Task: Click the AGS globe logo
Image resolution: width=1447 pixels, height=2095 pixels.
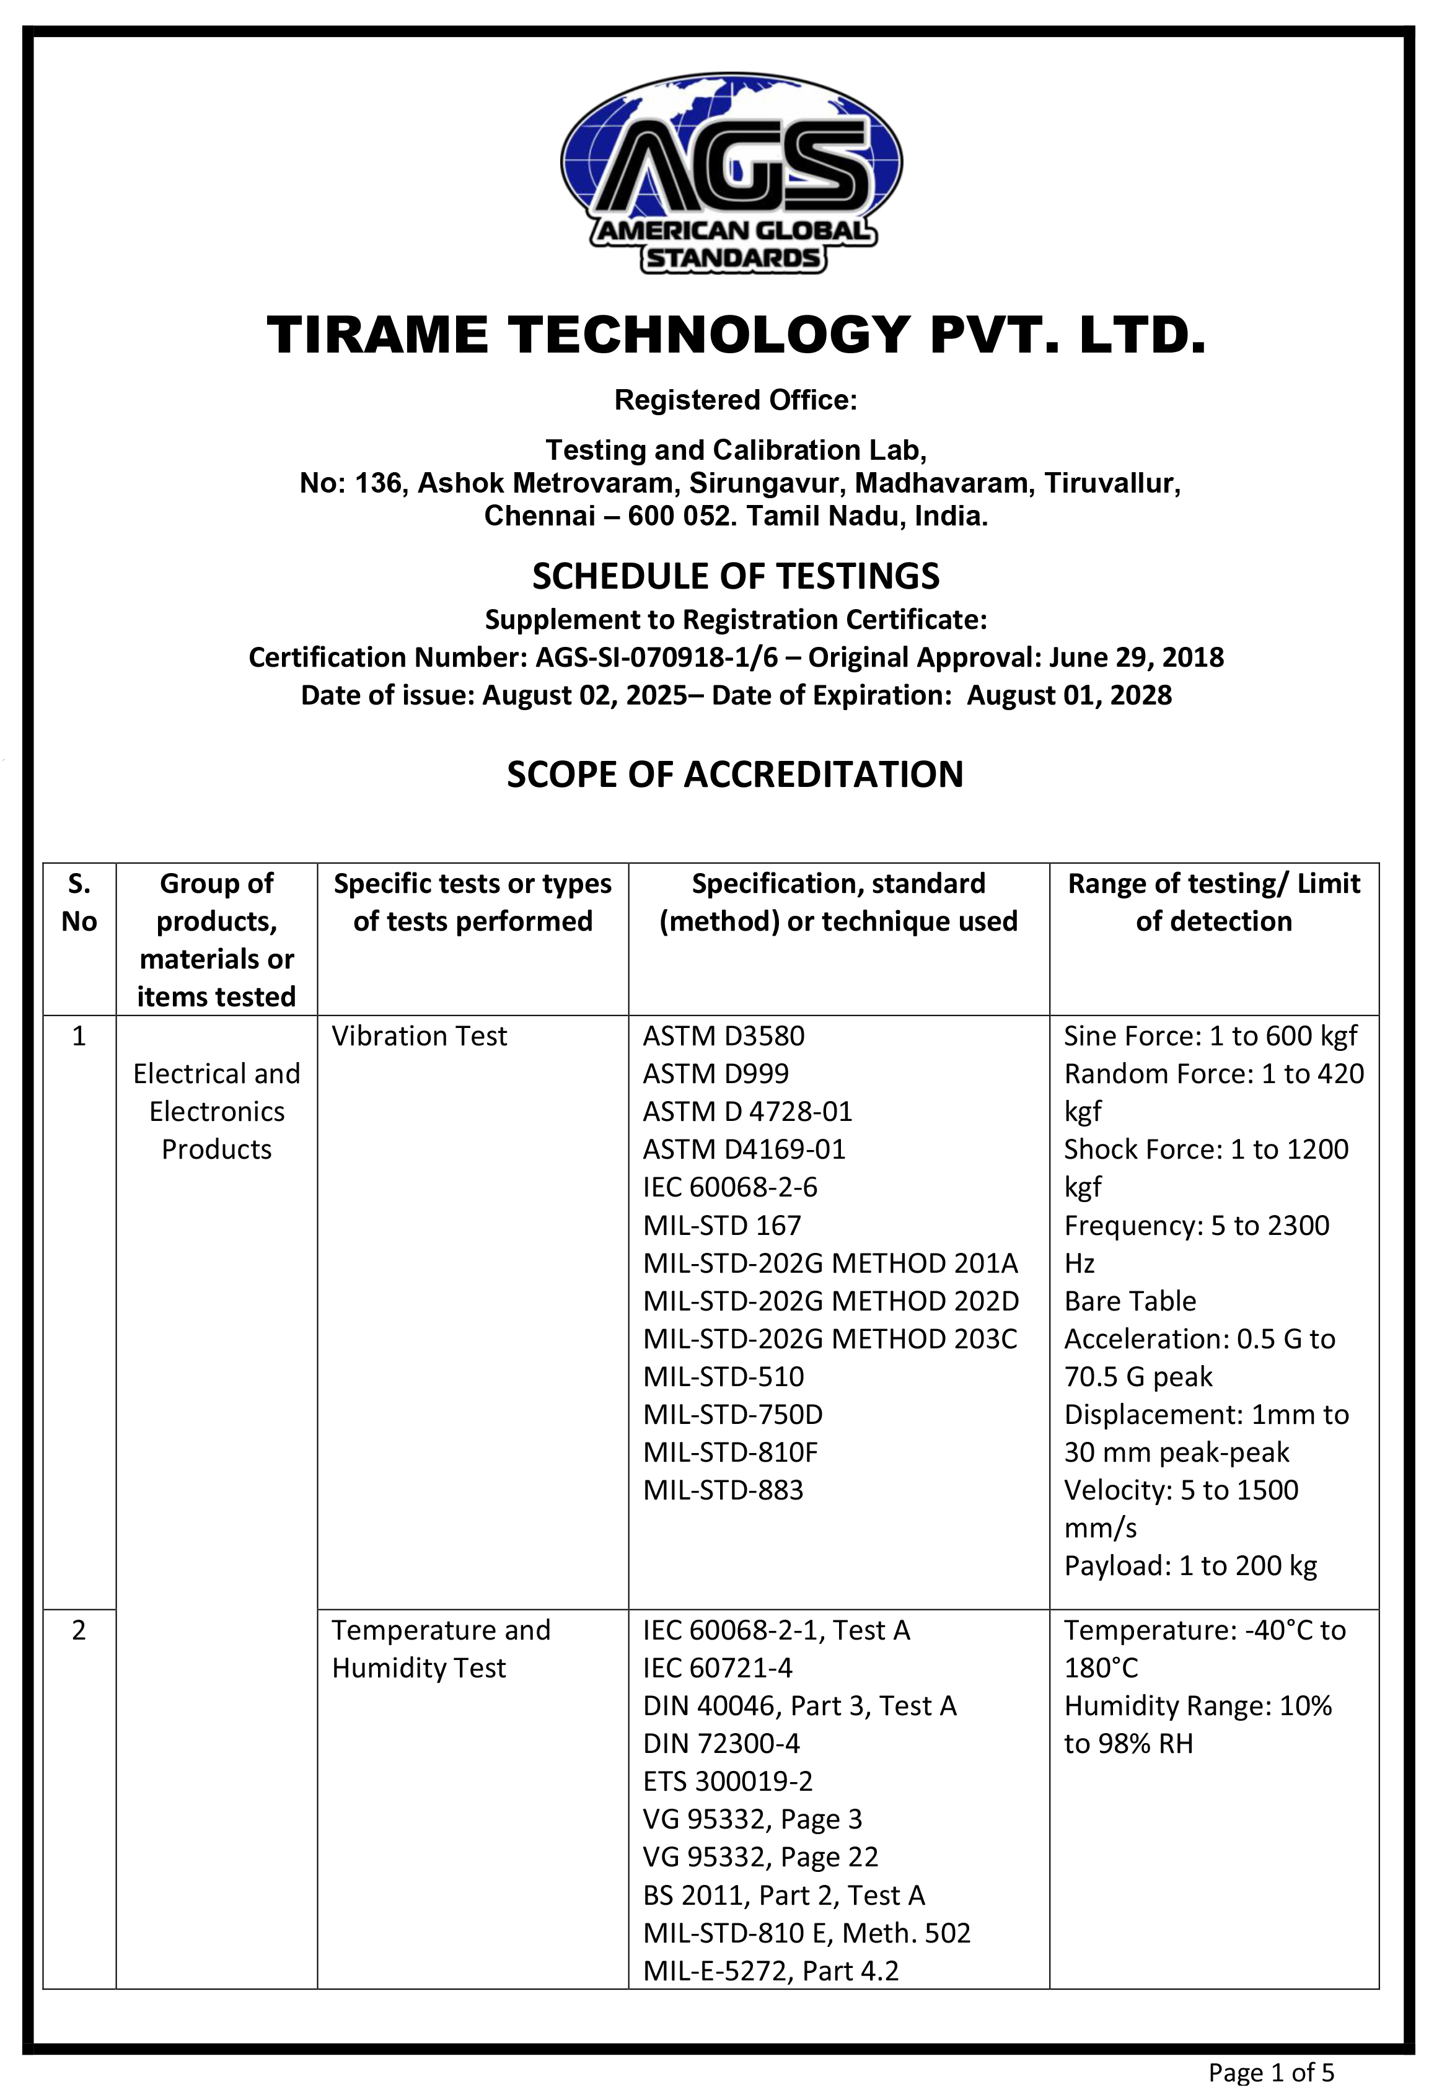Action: click(732, 172)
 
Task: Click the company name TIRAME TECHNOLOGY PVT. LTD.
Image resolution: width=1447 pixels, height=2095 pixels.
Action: click(736, 335)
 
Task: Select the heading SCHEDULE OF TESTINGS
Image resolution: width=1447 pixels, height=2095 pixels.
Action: click(736, 576)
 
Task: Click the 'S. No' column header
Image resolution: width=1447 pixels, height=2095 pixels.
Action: click(79, 902)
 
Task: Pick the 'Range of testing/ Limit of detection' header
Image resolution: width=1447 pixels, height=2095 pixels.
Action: click(1213, 902)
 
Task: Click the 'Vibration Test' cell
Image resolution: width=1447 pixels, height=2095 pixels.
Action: click(419, 1036)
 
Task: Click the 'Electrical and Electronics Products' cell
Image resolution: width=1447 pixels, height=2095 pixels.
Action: click(217, 1112)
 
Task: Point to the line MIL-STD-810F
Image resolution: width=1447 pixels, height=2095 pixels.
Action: click(730, 1452)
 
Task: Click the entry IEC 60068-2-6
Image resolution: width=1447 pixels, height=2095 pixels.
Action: click(730, 1188)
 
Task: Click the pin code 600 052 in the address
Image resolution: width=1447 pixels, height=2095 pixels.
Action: click(671, 517)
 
